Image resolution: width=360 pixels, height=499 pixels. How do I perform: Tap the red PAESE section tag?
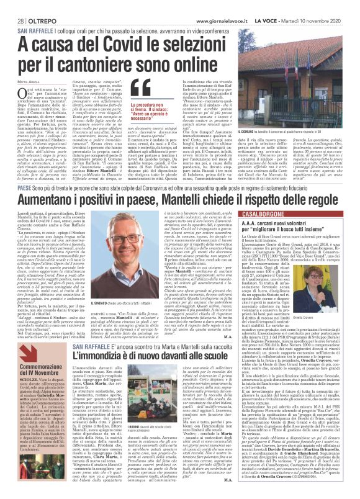(25, 191)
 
